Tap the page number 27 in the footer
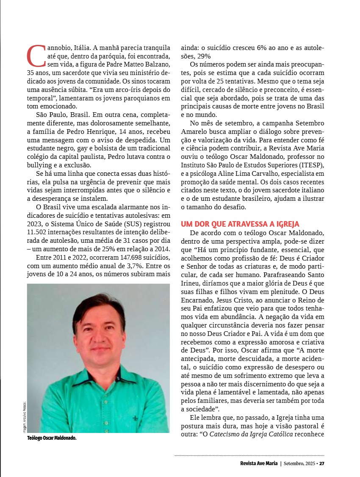click(322, 463)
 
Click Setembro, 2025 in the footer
click(299, 463)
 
